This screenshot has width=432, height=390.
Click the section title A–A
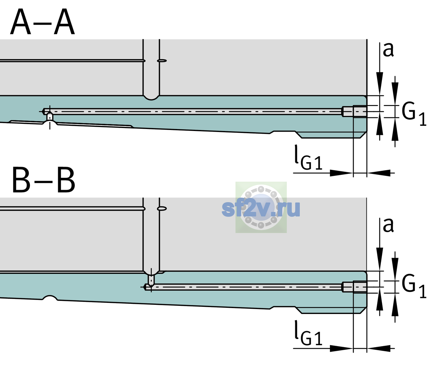pos(43,22)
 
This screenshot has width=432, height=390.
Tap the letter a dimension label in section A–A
pos(388,50)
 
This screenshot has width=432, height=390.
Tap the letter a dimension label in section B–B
pos(388,225)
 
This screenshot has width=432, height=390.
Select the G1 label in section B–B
pos(414,287)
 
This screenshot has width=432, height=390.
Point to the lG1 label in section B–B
pos(308,333)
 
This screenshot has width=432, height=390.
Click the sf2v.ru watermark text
pos(261,208)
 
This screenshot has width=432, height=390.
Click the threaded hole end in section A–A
pos(354,111)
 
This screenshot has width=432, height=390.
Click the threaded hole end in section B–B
pos(354,287)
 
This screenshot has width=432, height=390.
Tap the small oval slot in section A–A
pos(162,61)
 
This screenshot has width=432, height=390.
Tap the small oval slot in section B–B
pos(162,209)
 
